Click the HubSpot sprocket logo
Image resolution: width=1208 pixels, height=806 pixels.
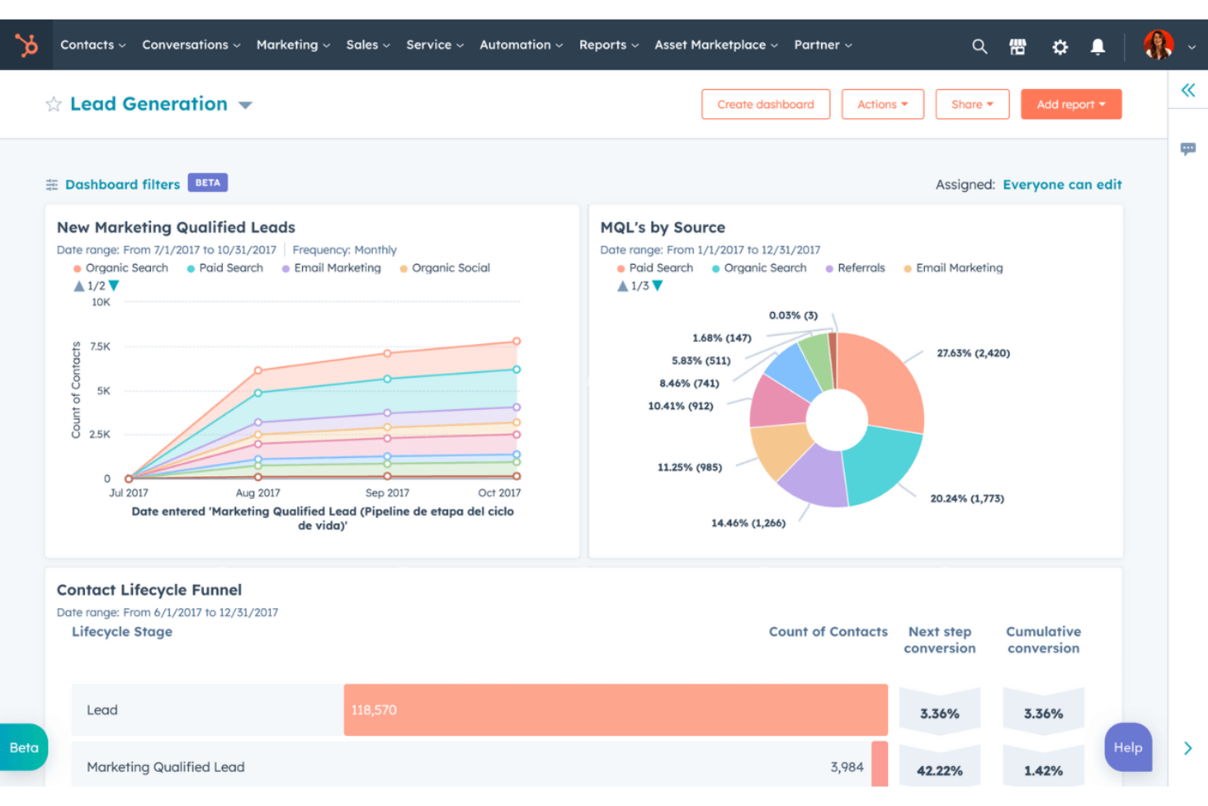27,45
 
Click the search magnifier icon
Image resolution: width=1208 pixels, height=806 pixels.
979,47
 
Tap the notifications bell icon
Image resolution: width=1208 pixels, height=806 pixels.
1098,47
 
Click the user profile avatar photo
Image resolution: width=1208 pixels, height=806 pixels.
1158,45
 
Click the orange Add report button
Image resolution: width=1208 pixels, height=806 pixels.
1071,105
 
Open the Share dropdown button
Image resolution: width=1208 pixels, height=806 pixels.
972,105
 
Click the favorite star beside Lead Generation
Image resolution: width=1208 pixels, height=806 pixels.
54,105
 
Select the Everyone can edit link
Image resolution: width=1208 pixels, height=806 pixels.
1062,185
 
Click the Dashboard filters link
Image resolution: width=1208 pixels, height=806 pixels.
122,185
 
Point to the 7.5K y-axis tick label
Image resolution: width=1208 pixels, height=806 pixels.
100,347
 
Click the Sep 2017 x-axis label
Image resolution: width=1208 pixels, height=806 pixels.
387,493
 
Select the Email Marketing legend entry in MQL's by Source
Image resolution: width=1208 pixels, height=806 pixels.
958,268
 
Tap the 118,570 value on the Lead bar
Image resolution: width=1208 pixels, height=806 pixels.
374,710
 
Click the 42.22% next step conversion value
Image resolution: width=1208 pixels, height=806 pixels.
939,771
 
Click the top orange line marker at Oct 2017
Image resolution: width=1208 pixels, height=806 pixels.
517,341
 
